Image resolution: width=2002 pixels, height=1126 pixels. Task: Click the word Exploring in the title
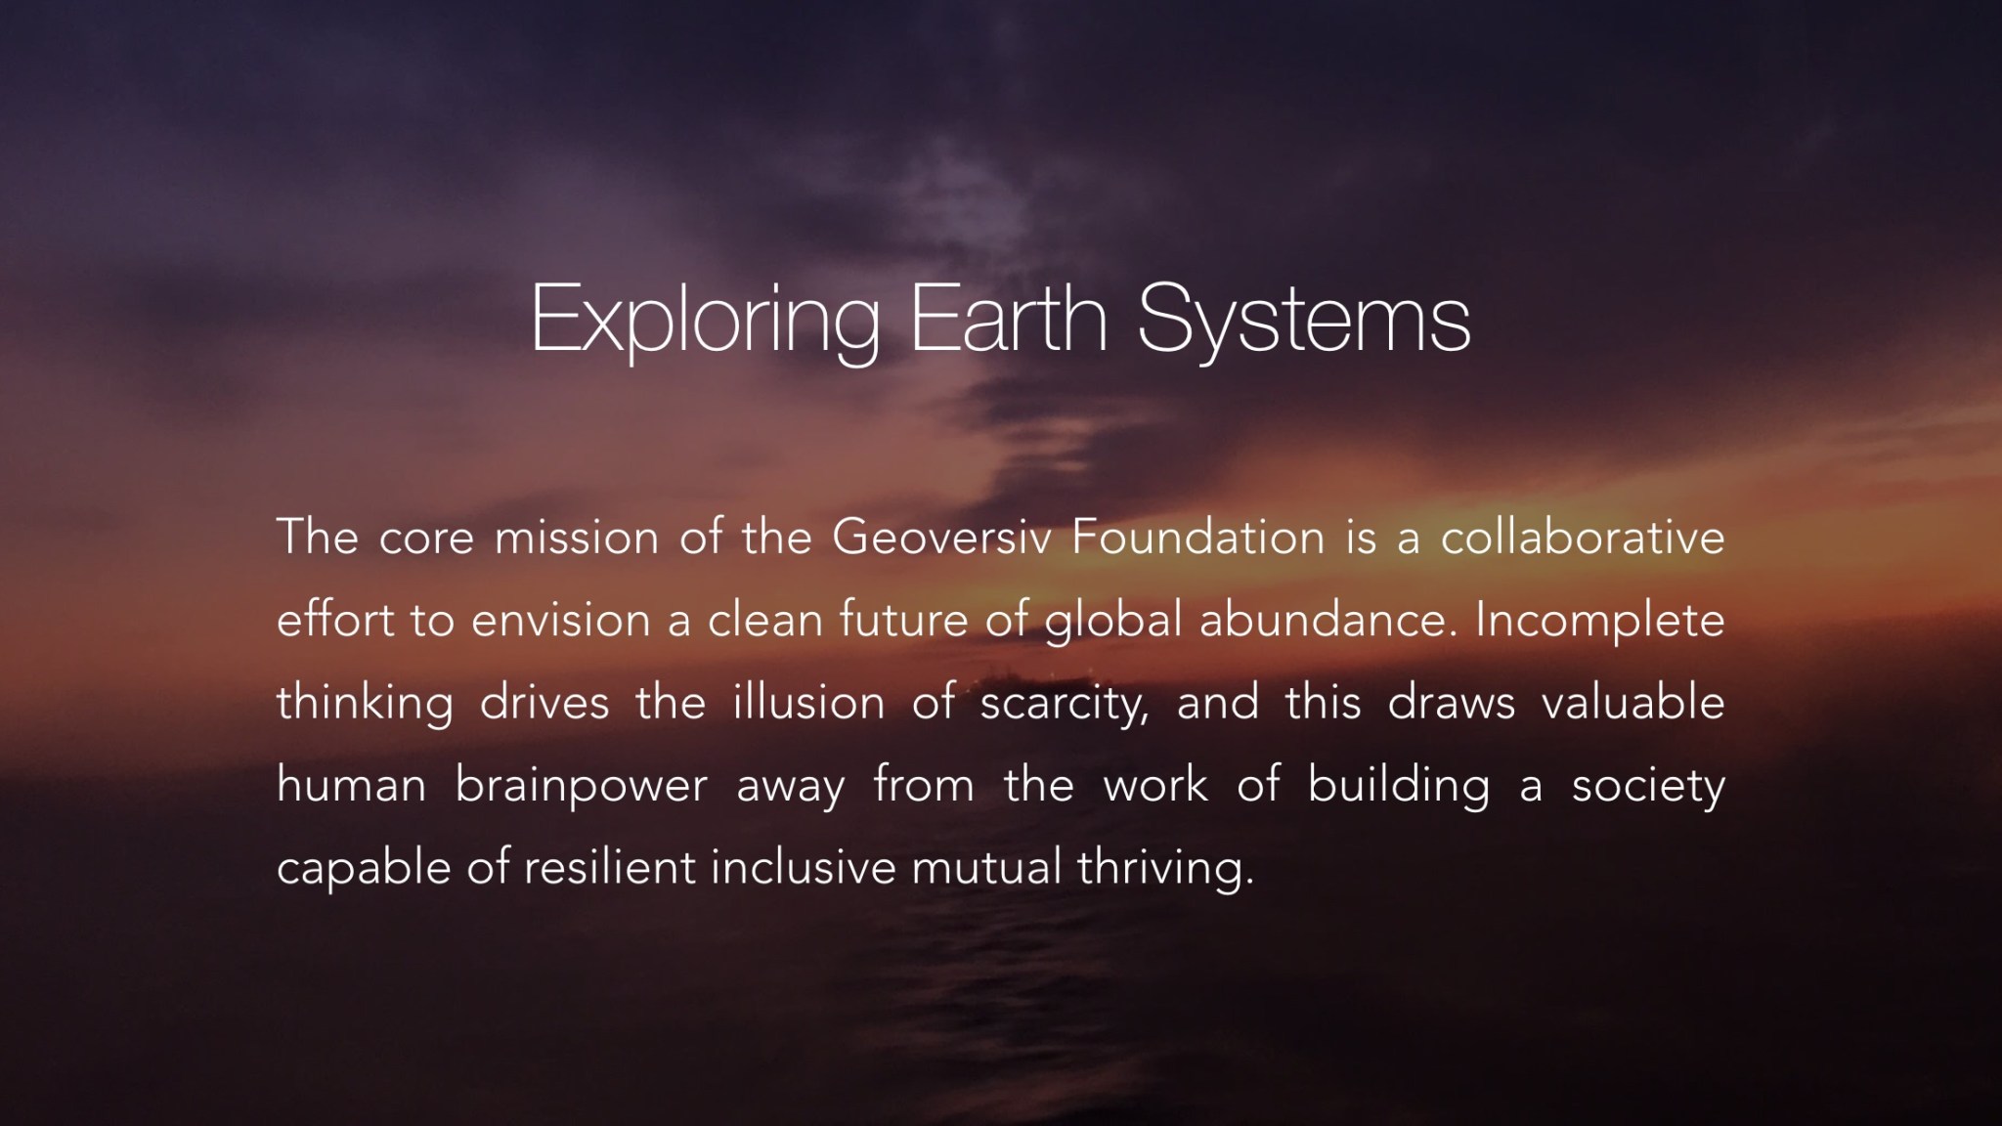click(x=705, y=321)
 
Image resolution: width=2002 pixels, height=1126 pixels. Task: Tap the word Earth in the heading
click(x=1009, y=316)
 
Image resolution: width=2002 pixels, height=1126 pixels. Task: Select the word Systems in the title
click(x=1304, y=321)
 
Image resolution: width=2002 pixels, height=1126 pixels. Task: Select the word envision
click(x=561, y=620)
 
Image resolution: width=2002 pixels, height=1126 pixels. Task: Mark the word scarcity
click(x=1064, y=706)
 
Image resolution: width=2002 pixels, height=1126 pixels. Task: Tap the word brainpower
click(x=582, y=788)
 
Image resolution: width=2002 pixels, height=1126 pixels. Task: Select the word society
click(x=1648, y=788)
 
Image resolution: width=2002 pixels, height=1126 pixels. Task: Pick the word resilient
click(x=610, y=867)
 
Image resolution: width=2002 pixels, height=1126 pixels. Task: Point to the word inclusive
click(x=804, y=867)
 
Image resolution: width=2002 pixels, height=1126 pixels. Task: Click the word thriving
click(x=1165, y=871)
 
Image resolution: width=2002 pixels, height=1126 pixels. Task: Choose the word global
click(x=1113, y=624)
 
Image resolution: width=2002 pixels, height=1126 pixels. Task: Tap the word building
click(x=1399, y=788)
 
